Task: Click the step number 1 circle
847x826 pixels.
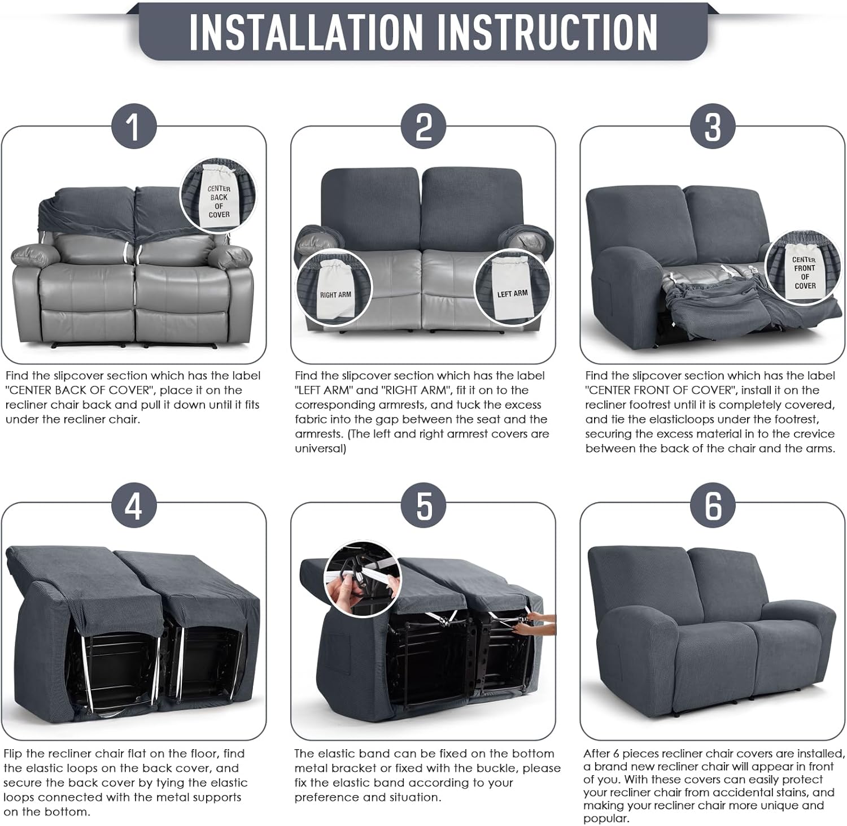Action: (133, 126)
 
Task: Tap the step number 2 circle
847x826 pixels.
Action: (423, 126)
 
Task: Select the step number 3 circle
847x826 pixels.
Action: (713, 126)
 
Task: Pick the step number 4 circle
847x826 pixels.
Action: (133, 505)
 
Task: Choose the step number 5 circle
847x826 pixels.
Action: (423, 505)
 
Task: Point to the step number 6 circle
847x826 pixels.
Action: (713, 505)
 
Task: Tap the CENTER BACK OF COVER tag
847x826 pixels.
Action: (219, 198)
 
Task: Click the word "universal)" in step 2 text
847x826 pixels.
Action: (320, 449)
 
